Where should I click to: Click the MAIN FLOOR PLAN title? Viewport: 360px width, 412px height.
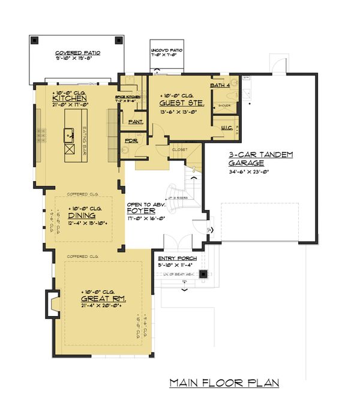point(224,383)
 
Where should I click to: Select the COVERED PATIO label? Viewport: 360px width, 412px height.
point(78,53)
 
